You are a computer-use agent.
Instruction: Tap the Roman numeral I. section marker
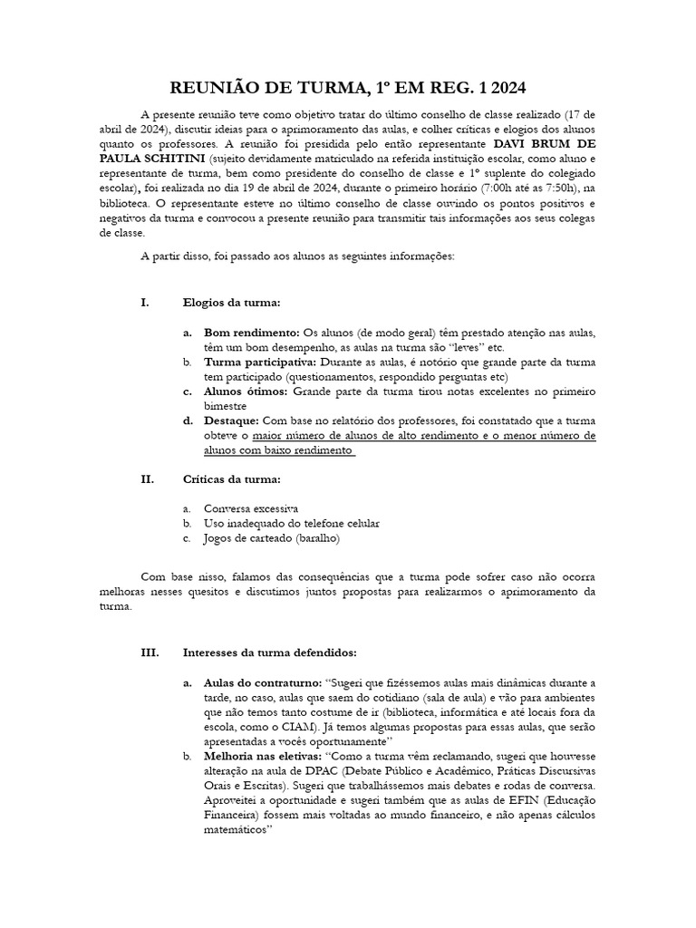145,302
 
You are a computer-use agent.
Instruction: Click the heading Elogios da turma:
232,302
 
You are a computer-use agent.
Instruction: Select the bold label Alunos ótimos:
246,391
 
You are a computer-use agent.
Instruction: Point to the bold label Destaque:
232,420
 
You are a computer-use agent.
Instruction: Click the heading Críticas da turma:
231,479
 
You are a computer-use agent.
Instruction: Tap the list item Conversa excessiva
251,509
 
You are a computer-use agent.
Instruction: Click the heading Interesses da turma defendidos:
270,652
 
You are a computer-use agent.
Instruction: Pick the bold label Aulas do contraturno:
264,681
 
